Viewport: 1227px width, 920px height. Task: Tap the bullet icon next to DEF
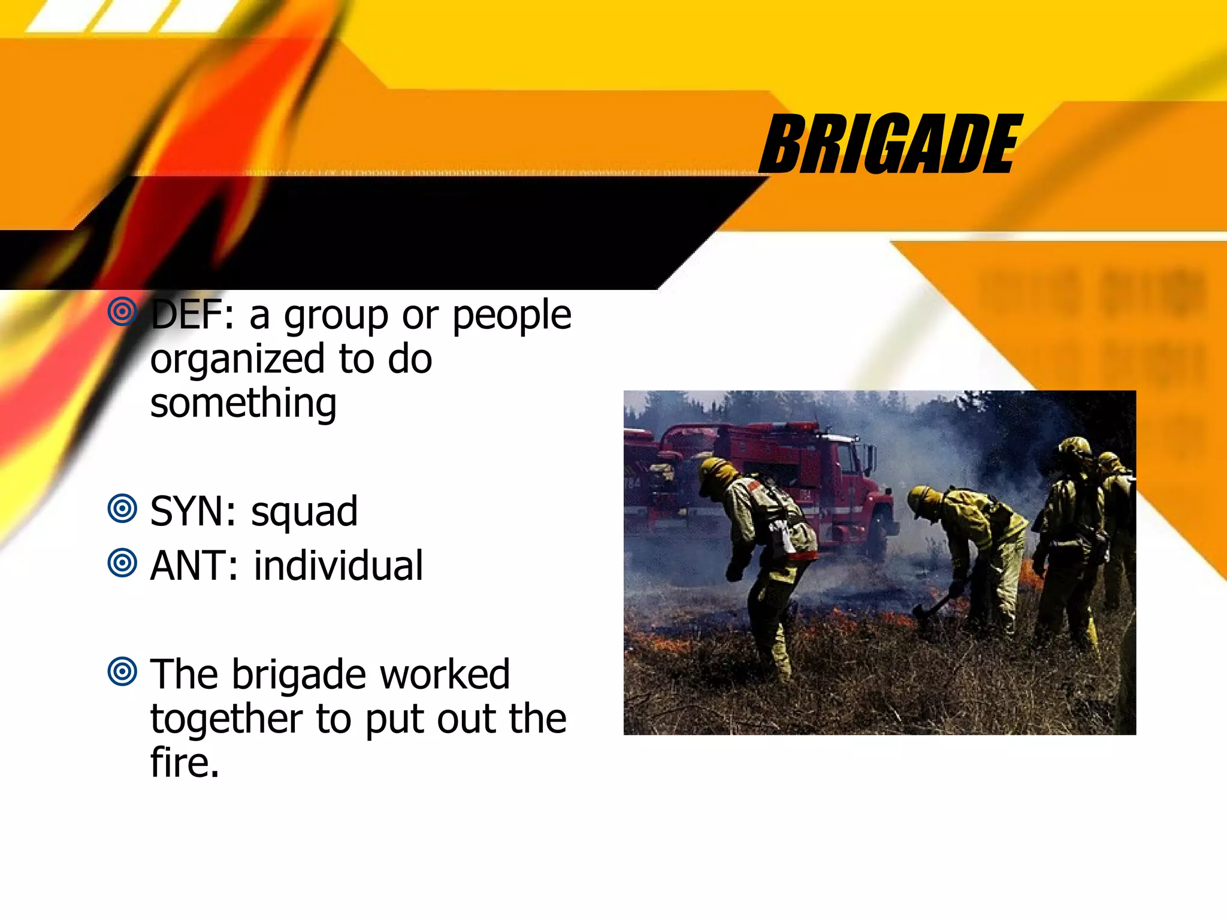coord(122,311)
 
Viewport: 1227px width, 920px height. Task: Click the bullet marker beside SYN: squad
coord(122,509)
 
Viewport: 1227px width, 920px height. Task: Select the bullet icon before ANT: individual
coord(122,563)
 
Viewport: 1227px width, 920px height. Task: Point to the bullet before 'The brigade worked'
coord(122,671)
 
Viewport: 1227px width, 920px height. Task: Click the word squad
coord(304,513)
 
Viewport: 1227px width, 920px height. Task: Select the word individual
coord(339,566)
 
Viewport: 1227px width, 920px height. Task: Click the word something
coord(243,404)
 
